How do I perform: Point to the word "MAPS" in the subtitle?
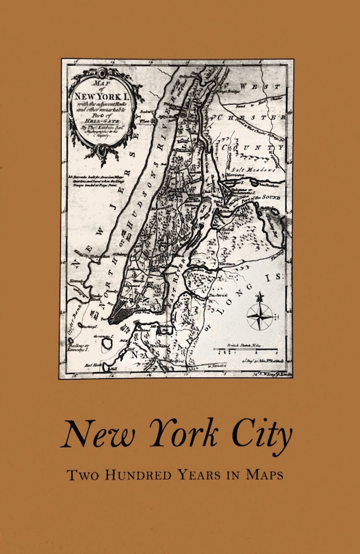267,474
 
